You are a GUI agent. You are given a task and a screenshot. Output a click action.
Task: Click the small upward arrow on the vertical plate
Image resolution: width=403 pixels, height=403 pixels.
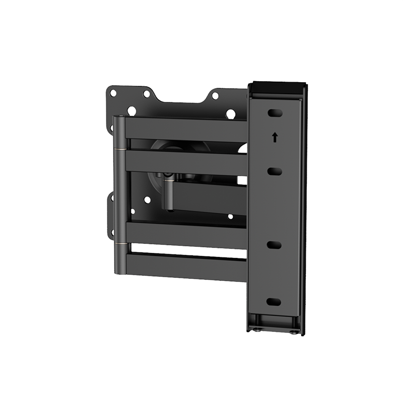275,137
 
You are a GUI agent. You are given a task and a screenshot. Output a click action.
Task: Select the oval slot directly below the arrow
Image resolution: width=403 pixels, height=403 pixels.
275,172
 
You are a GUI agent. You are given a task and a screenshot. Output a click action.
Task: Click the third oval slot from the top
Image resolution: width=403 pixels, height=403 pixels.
274,245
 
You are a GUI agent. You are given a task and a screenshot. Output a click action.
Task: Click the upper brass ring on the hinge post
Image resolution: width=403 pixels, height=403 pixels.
119,149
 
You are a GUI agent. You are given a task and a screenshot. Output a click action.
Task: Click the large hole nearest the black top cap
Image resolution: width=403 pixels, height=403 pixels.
231,114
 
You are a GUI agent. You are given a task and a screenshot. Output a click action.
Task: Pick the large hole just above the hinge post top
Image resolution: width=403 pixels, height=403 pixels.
132,111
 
